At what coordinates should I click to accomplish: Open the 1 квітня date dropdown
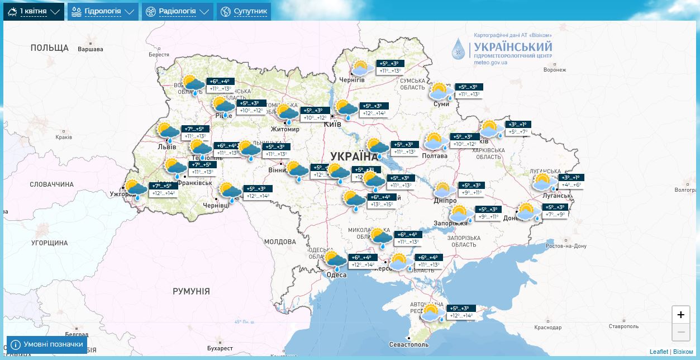[x=34, y=11]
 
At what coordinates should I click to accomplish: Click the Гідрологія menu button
[x=103, y=11]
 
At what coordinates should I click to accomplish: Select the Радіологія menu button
[x=177, y=11]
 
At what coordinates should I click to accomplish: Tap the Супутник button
[x=244, y=11]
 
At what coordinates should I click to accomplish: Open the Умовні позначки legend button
[x=47, y=344]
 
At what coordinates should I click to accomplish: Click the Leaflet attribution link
[x=659, y=352]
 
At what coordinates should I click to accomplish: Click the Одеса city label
[x=336, y=274]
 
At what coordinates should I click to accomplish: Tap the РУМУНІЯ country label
[x=191, y=291]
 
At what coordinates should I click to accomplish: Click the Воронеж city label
[x=554, y=70]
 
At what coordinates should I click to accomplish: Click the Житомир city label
[x=285, y=129]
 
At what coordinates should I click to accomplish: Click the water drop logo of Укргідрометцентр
[x=458, y=49]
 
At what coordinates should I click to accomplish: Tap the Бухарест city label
[x=204, y=348]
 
